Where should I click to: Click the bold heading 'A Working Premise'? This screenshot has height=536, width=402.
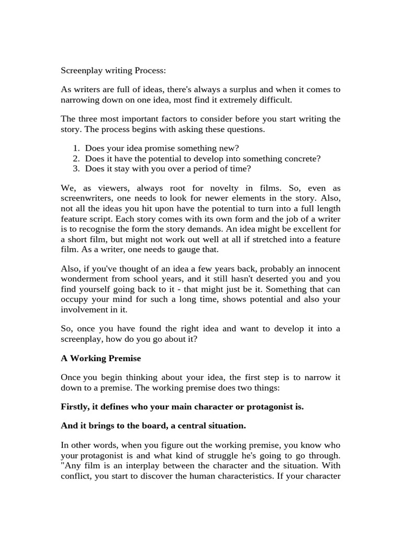tap(100, 358)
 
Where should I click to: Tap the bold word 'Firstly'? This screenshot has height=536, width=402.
tap(74, 407)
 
